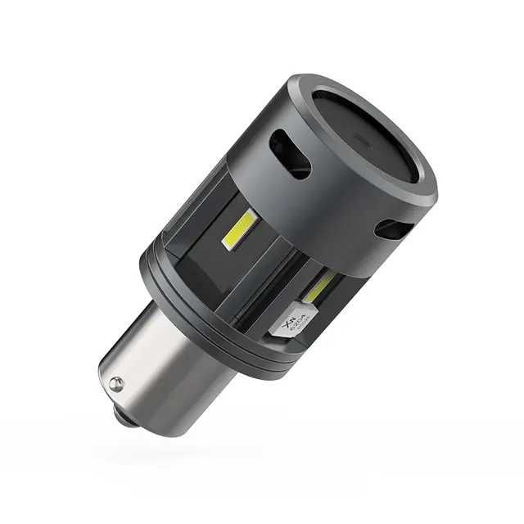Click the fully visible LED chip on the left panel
[240, 229]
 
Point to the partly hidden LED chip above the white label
[319, 287]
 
